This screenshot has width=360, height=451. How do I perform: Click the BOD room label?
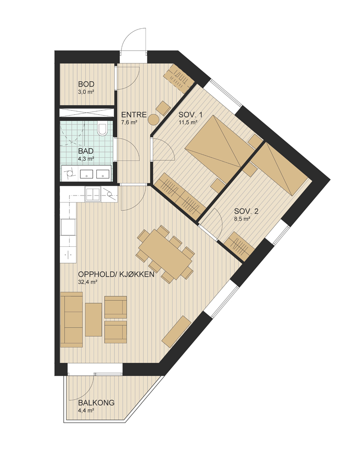[x=86, y=84]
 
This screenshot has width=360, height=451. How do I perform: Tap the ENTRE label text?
[x=134, y=114]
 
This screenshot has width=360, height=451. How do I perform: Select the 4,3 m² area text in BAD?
[x=86, y=159]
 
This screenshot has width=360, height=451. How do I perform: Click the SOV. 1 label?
[x=191, y=115]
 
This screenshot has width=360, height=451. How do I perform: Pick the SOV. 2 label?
[x=246, y=212]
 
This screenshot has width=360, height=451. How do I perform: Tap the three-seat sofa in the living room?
[x=72, y=320]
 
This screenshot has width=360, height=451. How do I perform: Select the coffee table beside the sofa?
[x=93, y=319]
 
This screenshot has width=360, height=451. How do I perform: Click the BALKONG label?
[x=96, y=403]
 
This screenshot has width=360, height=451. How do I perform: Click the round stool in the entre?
[x=154, y=119]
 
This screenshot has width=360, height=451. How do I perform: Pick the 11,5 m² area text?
[x=188, y=122]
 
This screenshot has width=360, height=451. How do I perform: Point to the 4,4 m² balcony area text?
[x=86, y=411]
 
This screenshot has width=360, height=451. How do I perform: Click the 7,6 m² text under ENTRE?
[x=129, y=122]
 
